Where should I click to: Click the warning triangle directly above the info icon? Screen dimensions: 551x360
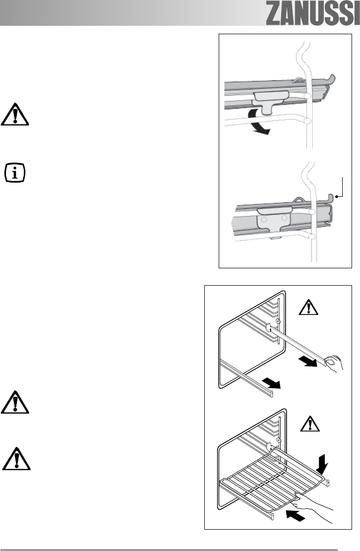coord(15,115)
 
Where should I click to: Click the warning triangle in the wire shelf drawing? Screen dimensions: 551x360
coord(308,425)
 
